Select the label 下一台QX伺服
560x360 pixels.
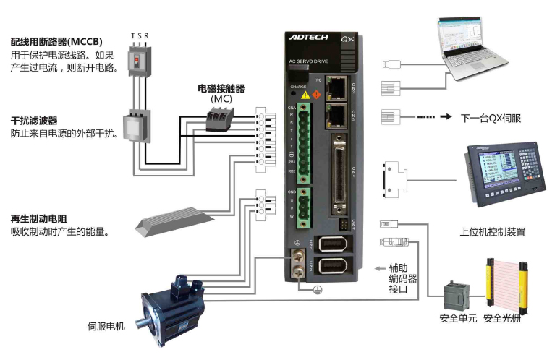[491, 116]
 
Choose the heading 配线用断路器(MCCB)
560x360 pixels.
[56, 41]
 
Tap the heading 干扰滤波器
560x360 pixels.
[33, 120]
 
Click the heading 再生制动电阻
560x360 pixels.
[38, 219]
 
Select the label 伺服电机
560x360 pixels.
[106, 326]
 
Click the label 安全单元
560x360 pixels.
[458, 318]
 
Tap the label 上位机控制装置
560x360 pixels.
[492, 232]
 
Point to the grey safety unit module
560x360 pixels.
[458, 294]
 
